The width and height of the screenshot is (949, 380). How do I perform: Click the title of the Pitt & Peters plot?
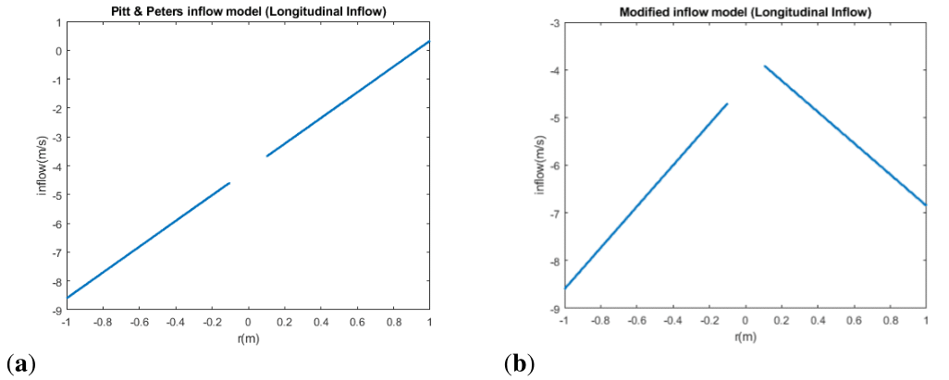[247, 10]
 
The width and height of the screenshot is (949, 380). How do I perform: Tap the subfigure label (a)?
[20, 362]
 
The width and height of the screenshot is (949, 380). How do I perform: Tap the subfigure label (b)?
[520, 362]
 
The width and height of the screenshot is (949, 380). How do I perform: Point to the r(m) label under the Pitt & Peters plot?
[247, 337]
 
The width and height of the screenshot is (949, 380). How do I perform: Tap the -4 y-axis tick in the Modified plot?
[550, 70]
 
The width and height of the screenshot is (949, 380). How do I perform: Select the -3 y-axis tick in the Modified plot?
[550, 22]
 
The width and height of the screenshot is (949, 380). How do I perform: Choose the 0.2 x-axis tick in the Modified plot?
[781, 320]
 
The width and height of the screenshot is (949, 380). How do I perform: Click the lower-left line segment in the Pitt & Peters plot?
[148, 240]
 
